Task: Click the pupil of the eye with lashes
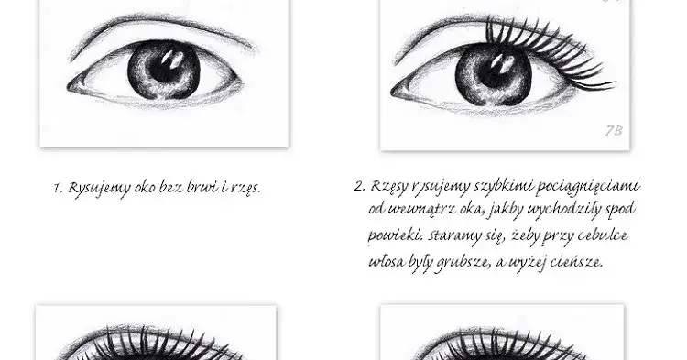point(494,70)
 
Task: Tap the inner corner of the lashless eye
point(69,88)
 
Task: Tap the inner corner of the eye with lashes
point(392,92)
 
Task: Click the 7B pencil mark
point(614,130)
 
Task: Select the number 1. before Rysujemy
point(58,189)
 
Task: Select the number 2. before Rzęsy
point(359,186)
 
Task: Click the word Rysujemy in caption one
point(99,189)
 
